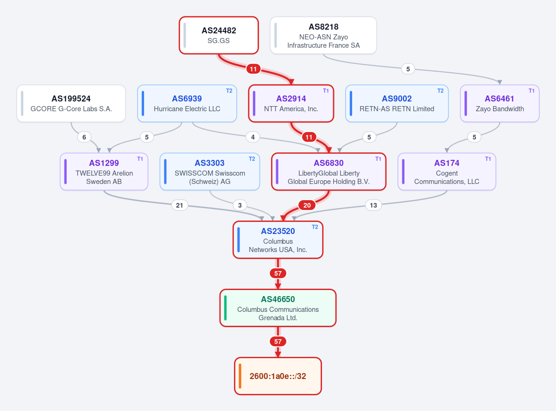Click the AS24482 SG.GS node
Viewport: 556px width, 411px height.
pos(219,35)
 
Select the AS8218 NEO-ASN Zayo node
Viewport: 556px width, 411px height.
pos(323,35)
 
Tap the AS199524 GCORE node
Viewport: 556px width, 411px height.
pos(71,104)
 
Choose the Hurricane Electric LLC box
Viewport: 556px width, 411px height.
pos(187,104)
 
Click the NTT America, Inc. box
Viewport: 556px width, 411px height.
pos(291,104)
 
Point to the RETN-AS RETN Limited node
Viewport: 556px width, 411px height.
pos(397,104)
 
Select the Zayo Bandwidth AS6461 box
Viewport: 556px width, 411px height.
pos(499,104)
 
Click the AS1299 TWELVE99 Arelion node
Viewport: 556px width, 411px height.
pos(104,172)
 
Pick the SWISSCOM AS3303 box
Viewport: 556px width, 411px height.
pos(210,172)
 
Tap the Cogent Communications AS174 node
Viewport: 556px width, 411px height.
pos(447,172)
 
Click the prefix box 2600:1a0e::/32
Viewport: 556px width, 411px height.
pos(278,376)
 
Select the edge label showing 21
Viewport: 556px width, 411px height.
pos(179,205)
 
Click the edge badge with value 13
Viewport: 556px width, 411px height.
pos(373,205)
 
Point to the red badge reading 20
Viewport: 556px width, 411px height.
pos(307,205)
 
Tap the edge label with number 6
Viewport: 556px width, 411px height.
pos(84,137)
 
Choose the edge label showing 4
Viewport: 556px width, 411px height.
pos(253,137)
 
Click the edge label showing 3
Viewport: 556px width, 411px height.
pos(240,205)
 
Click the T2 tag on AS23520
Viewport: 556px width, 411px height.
pos(315,227)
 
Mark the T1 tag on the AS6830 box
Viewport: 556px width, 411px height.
pos(378,159)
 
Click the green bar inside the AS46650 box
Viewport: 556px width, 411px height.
pos(225,308)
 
